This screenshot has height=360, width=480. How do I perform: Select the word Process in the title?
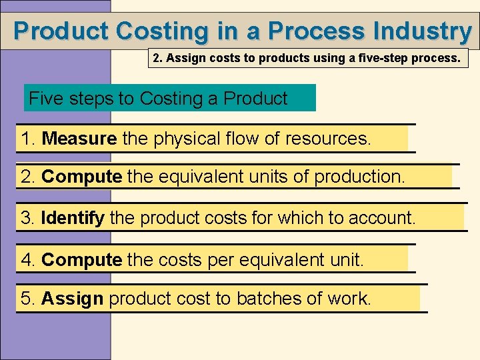pyautogui.click(x=309, y=31)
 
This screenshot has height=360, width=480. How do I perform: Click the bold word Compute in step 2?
pyautogui.click(x=82, y=177)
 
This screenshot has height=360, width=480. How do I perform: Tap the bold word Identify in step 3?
pyautogui.click(x=73, y=217)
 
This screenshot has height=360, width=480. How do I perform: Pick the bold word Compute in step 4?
pyautogui.click(x=82, y=259)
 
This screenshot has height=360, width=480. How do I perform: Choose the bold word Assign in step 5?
pyautogui.click(x=72, y=298)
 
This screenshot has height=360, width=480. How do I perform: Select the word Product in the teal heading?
pyautogui.click(x=255, y=99)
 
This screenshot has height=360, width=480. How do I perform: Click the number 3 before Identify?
pyautogui.click(x=26, y=217)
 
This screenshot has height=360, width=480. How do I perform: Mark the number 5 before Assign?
pyautogui.click(x=26, y=298)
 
